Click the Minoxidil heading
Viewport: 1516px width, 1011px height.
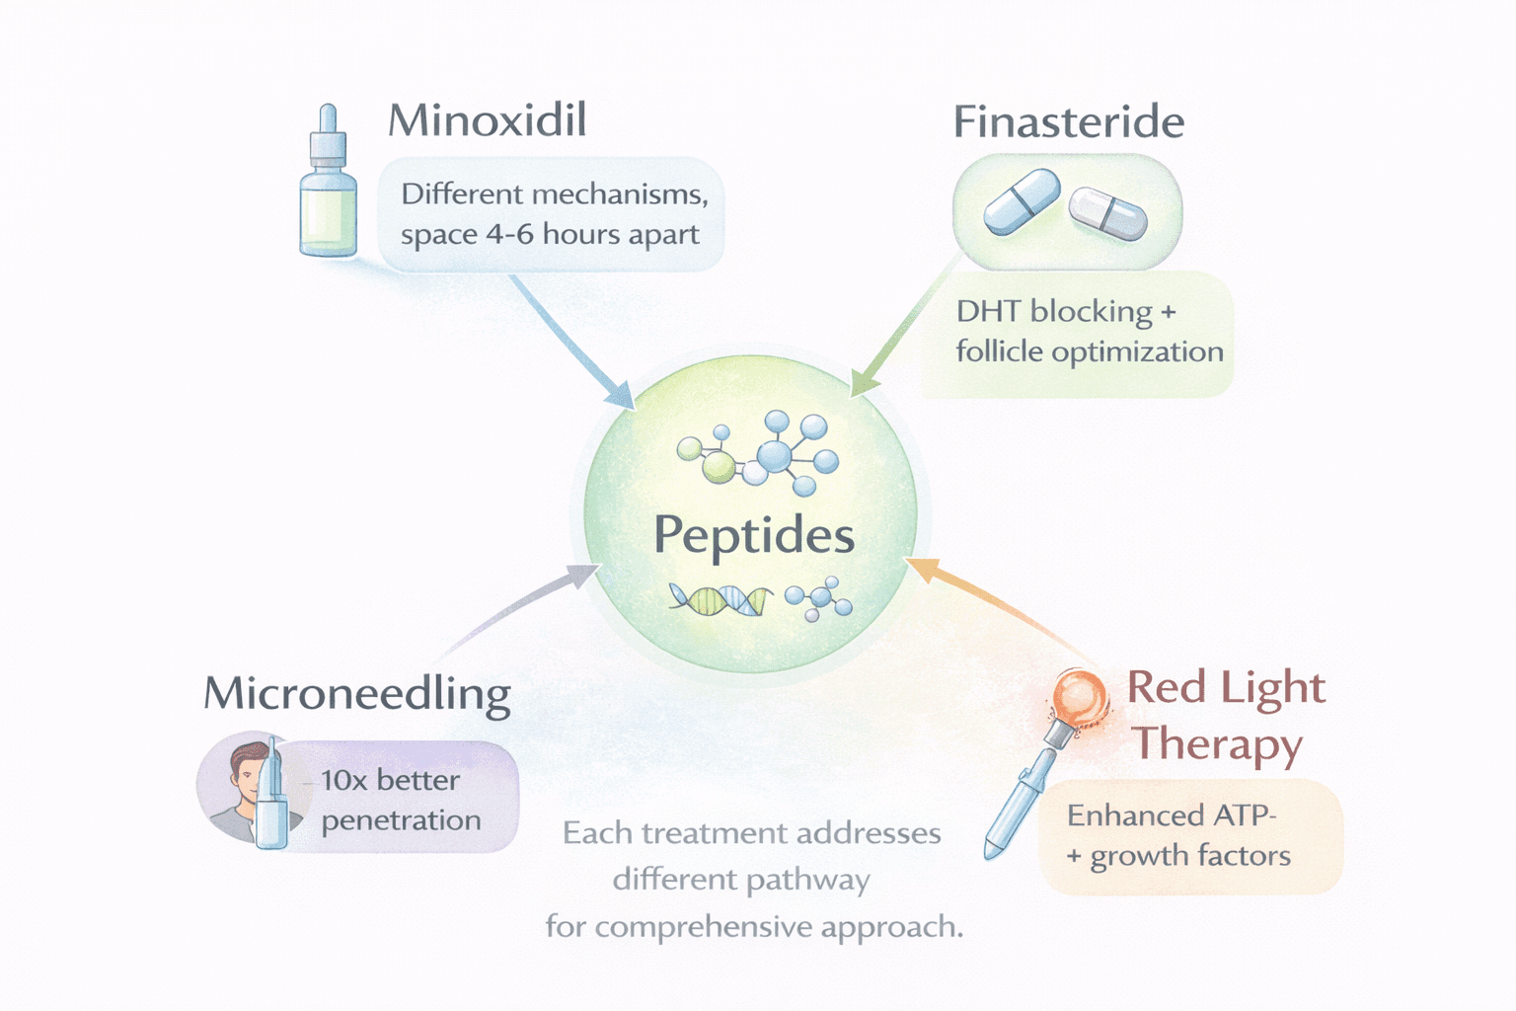click(x=487, y=120)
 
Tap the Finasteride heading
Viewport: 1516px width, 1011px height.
click(x=1068, y=122)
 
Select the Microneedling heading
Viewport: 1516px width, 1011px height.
click(x=356, y=694)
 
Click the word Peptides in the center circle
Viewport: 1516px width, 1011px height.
click(x=754, y=536)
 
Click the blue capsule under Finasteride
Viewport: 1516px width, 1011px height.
click(x=1022, y=201)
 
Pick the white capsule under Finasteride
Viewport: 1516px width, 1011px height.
click(x=1108, y=213)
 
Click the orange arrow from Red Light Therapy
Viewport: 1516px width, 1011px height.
click(x=997, y=602)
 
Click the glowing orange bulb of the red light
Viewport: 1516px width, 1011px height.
click(x=1078, y=695)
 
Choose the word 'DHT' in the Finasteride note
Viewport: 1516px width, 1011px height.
click(x=988, y=312)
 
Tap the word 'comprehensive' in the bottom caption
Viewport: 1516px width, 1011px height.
click(x=703, y=928)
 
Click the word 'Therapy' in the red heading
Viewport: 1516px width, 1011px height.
click(x=1216, y=744)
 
